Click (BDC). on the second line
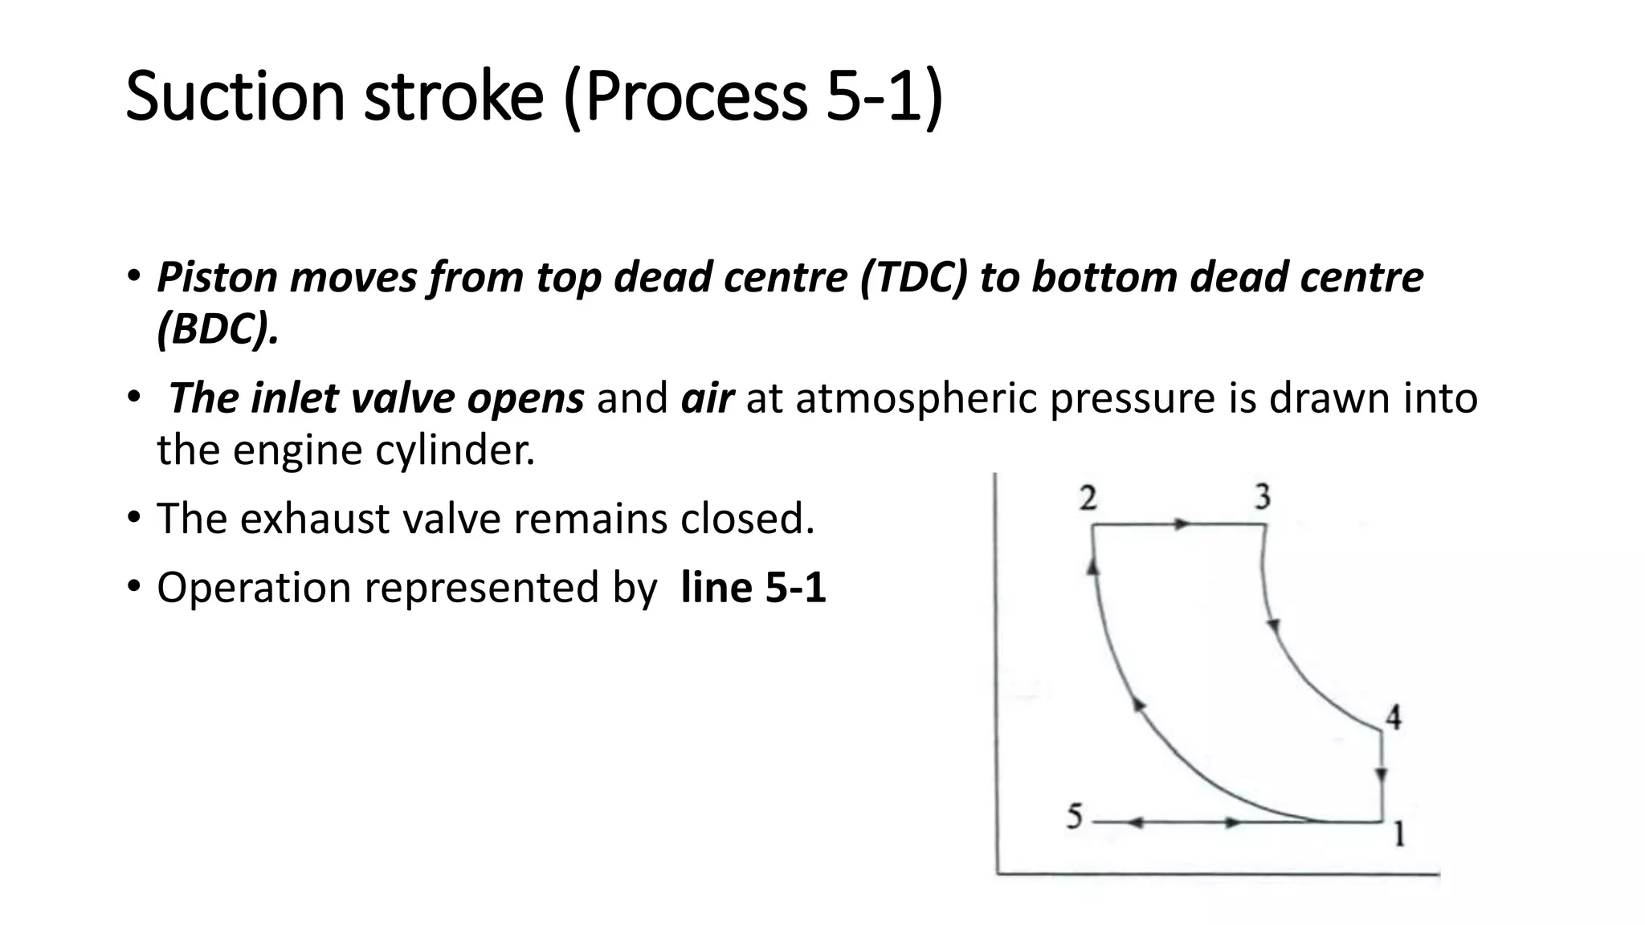click(x=218, y=328)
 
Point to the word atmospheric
click(x=916, y=398)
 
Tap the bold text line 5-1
click(x=753, y=587)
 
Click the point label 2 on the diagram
click(x=1088, y=499)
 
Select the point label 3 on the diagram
click(x=1263, y=497)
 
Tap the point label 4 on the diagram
click(x=1394, y=717)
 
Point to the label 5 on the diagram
click(x=1075, y=817)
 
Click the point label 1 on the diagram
click(x=1398, y=835)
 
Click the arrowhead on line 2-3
click(x=1181, y=524)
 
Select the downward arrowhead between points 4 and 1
click(x=1381, y=775)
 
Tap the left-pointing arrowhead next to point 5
click(x=1134, y=822)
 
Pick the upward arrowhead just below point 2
click(x=1092, y=566)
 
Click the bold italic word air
click(x=707, y=398)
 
